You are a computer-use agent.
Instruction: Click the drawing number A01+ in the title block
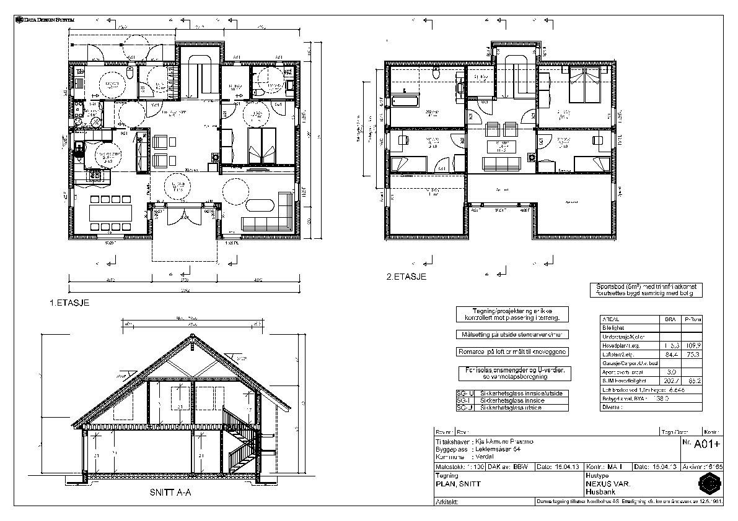[707, 444]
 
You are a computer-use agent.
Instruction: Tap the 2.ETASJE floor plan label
[406, 277]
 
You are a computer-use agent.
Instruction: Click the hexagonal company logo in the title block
[709, 483]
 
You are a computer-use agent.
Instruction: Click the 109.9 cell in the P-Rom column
[692, 345]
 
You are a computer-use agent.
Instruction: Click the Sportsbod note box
[645, 290]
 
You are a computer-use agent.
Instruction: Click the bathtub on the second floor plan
[407, 100]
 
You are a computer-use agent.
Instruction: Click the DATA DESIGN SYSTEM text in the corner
[44, 20]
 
